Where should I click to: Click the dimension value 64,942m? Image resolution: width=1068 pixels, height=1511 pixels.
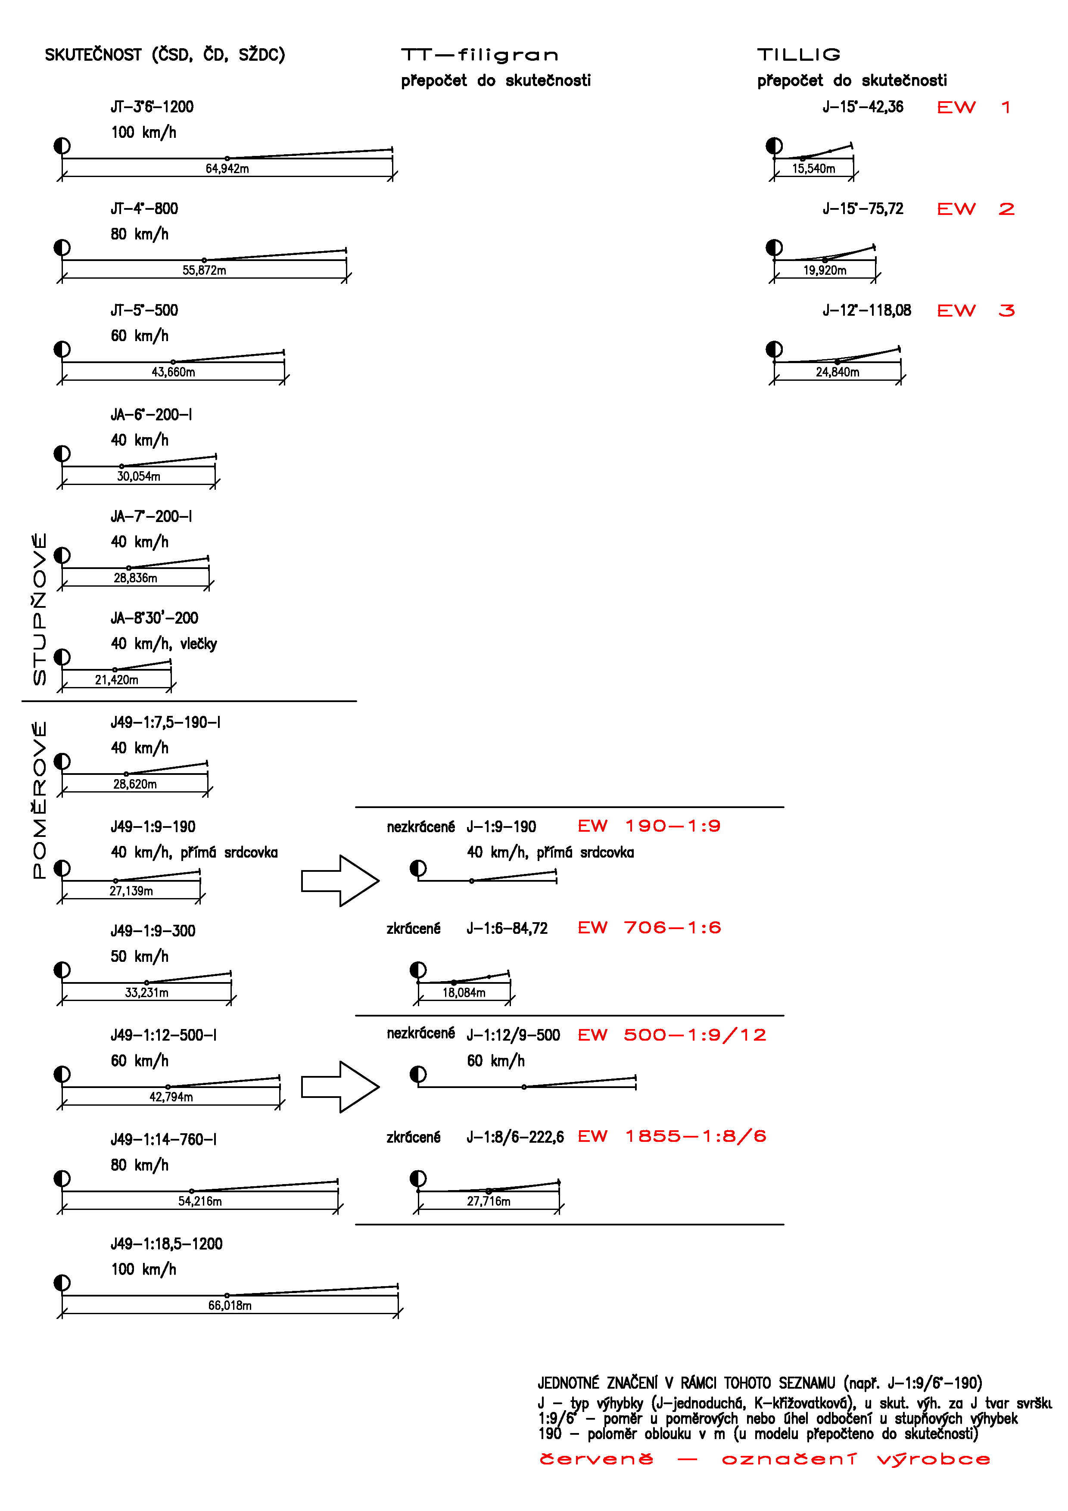227,168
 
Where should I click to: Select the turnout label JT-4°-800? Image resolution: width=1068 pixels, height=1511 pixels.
144,208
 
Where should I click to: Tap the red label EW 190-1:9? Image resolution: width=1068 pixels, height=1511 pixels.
649,826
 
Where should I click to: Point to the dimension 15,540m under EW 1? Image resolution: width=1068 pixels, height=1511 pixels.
813,168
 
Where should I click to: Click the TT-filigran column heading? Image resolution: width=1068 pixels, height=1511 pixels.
480,55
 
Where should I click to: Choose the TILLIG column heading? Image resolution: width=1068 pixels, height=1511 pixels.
799,55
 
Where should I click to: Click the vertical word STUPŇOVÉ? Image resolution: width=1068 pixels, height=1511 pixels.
40,609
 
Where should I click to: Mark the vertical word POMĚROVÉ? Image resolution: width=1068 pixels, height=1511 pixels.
40,799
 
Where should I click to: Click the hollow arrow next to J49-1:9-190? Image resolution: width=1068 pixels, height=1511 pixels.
339,880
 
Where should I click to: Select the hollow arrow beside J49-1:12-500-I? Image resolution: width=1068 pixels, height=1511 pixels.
339,1087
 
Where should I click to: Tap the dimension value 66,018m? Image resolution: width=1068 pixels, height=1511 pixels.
230,1305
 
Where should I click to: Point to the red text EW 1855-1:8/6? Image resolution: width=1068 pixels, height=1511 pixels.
672,1137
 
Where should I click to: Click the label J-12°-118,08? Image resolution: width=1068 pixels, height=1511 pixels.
867,311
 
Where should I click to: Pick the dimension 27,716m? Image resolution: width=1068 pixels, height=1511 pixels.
488,1201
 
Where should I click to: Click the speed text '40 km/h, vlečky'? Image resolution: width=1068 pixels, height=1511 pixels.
164,644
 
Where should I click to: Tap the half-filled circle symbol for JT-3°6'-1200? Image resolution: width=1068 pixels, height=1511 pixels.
62,146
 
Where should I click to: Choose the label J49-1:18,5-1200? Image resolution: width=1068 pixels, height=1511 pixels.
166,1244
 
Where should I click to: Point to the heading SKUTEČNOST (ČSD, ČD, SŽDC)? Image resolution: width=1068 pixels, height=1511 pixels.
165,55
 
